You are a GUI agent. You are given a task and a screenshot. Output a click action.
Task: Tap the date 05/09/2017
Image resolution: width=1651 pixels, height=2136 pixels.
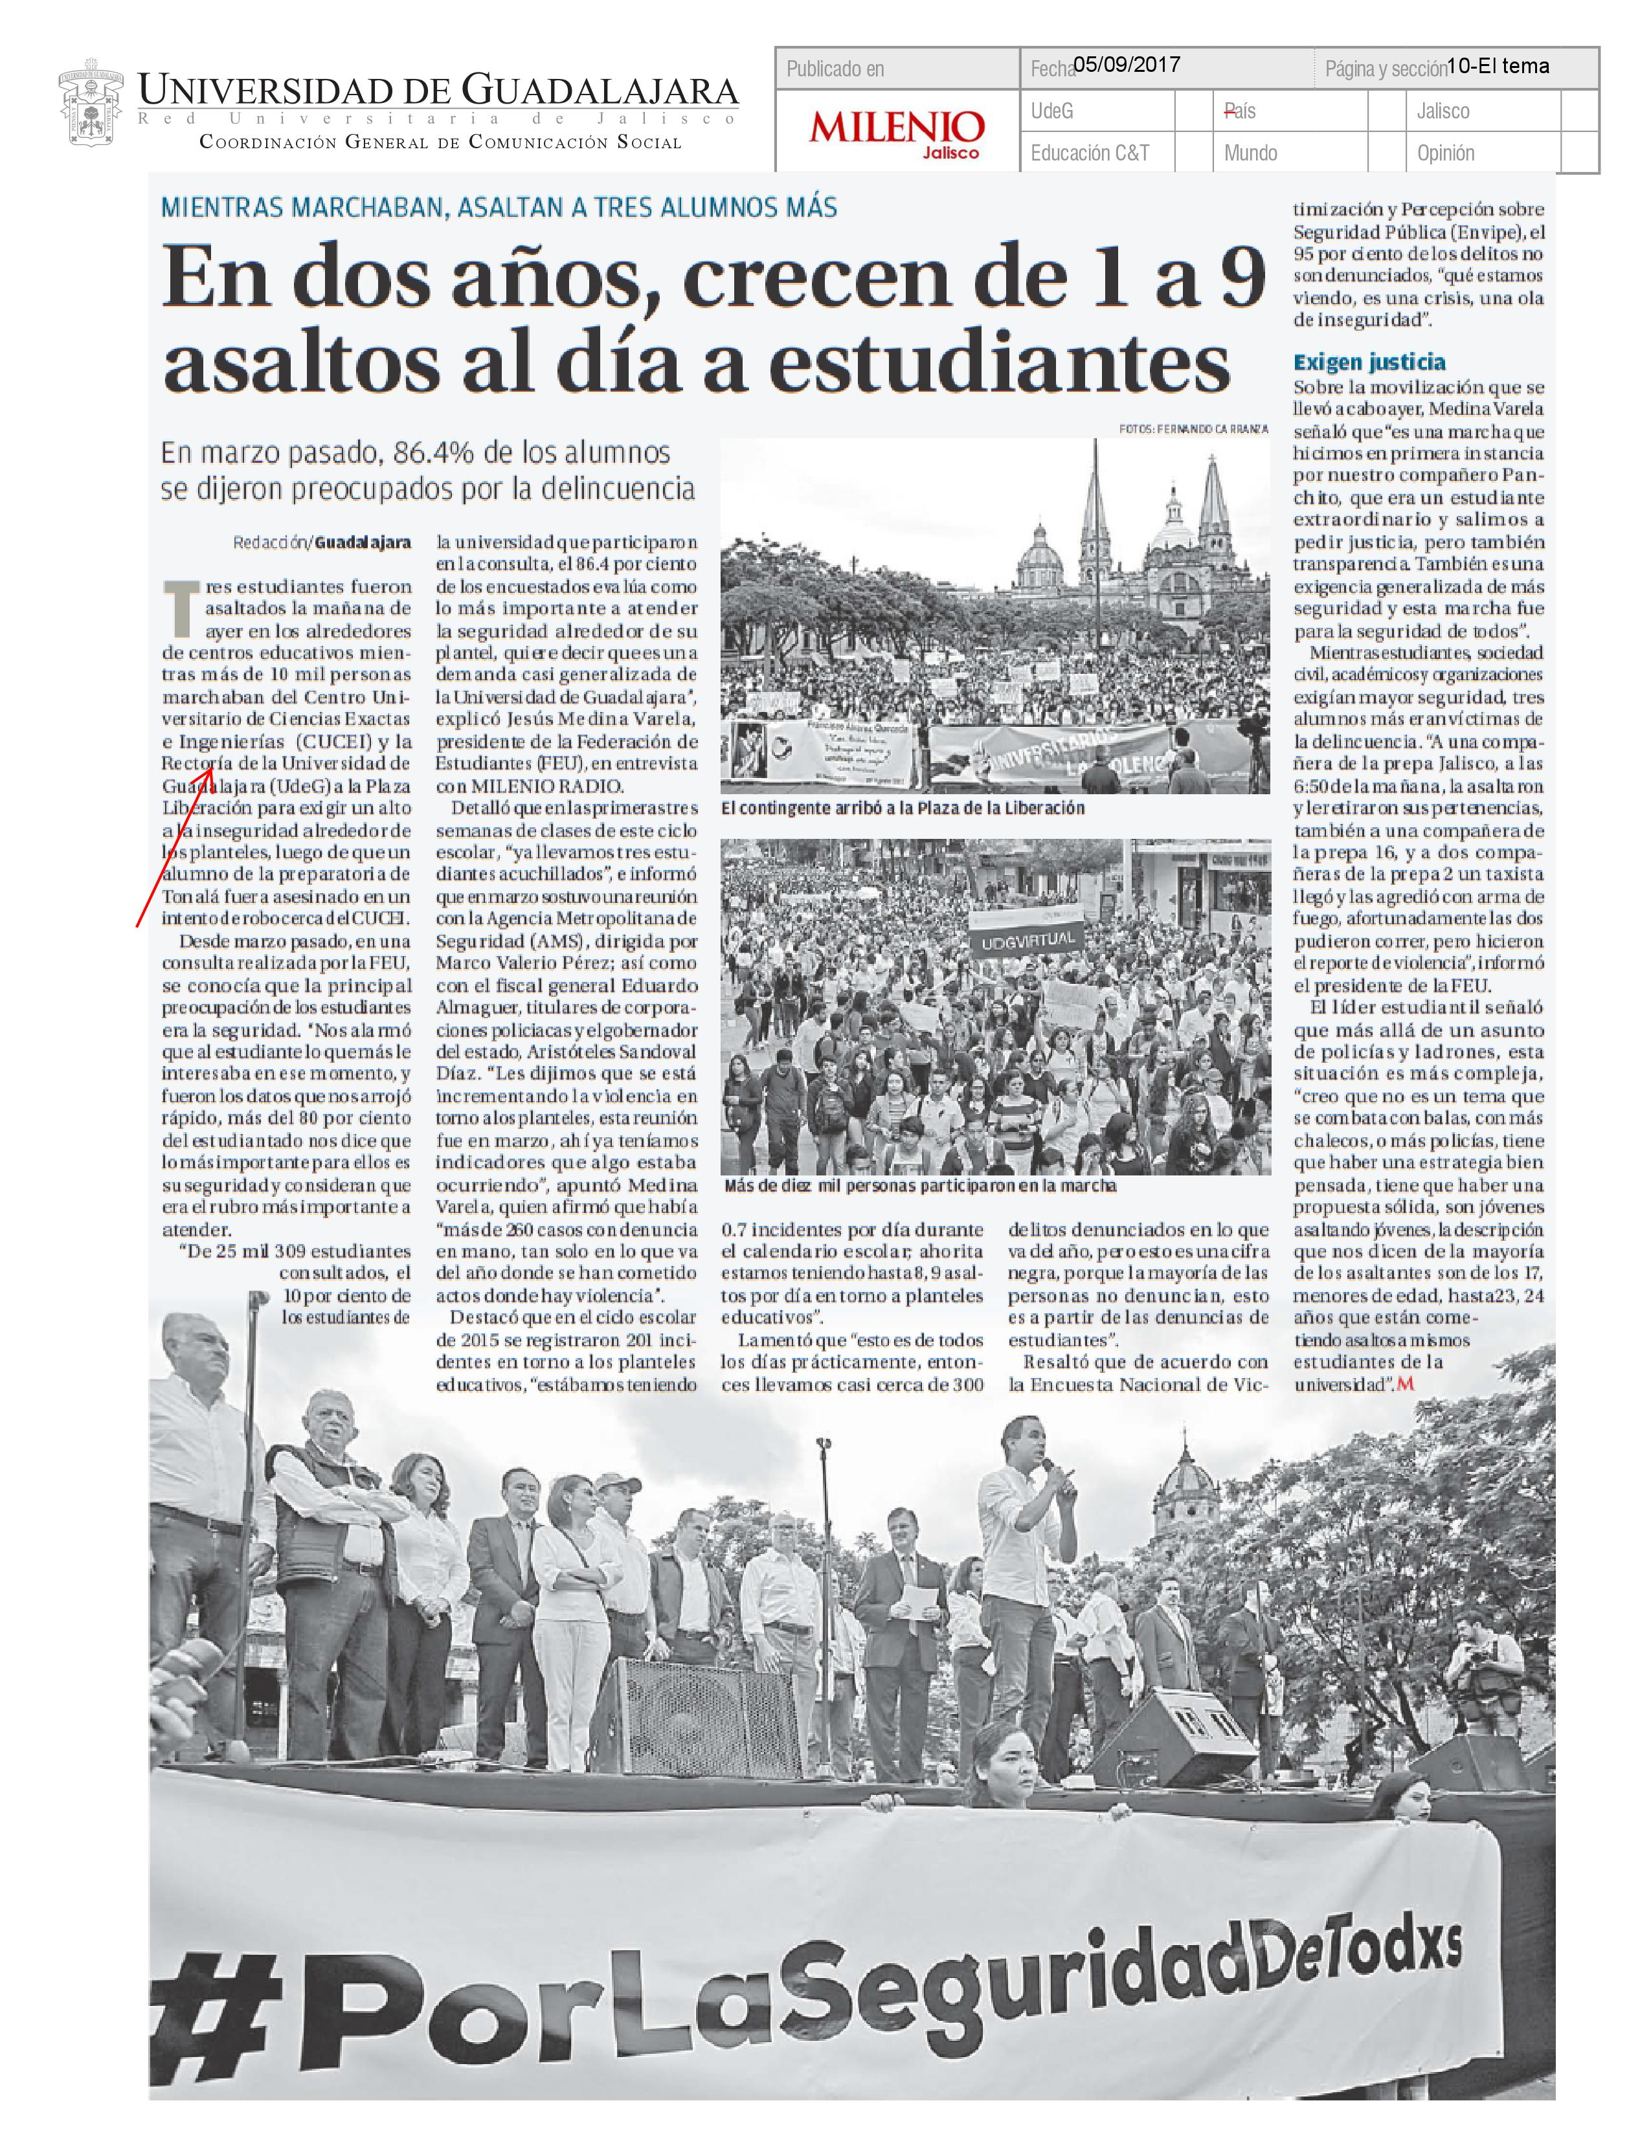1126,65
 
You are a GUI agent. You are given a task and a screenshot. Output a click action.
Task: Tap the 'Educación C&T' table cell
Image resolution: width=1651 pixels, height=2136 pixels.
1090,153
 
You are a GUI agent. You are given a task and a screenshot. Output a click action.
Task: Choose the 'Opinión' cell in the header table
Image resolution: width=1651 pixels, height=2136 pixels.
1446,153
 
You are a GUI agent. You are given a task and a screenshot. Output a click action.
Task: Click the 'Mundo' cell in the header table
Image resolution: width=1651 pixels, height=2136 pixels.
1250,153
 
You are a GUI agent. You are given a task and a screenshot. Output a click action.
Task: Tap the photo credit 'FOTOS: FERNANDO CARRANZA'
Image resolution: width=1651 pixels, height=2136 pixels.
1193,428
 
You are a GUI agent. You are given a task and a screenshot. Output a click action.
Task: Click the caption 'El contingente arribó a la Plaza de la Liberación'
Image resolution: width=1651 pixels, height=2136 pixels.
902,808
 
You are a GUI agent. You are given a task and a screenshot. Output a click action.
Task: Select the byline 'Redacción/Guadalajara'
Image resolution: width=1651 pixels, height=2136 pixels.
322,542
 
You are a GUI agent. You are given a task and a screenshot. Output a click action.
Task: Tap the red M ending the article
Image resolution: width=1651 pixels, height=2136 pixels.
1406,1384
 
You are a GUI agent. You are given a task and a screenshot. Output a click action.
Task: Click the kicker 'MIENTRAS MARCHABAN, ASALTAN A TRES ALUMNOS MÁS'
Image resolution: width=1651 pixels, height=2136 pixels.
499,207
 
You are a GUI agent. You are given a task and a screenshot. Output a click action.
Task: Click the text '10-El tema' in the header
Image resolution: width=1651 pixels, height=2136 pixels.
1498,65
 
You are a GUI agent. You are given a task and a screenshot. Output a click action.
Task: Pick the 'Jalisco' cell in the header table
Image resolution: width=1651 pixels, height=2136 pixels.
1443,111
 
